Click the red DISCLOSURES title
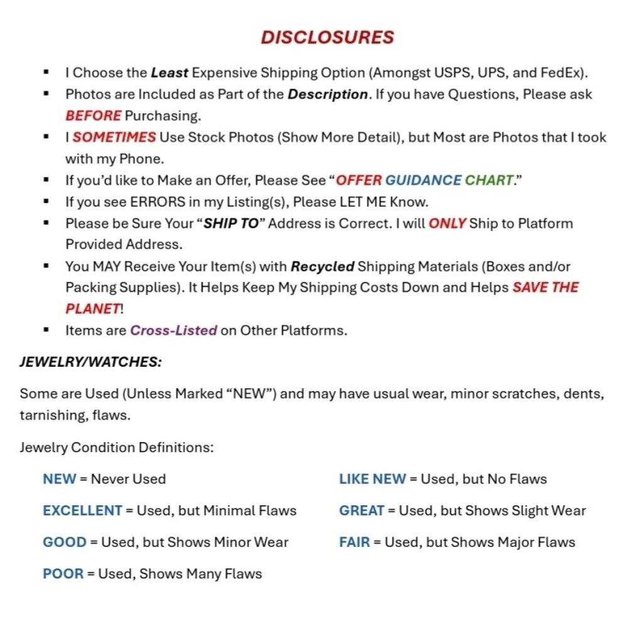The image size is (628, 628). click(327, 38)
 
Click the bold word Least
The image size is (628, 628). click(169, 73)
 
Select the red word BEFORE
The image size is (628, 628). click(93, 116)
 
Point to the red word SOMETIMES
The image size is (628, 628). click(114, 138)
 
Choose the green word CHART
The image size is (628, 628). click(489, 180)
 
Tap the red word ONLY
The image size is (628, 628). click(447, 224)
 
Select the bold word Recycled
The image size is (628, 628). click(322, 266)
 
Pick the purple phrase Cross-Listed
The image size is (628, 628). click(173, 330)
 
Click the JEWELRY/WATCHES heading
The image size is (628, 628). click(90, 362)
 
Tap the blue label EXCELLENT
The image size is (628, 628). click(82, 511)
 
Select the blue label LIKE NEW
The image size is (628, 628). click(372, 479)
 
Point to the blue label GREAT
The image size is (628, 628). click(361, 511)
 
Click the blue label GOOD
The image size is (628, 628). click(65, 542)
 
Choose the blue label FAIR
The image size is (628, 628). click(354, 542)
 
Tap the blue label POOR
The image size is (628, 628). click(63, 573)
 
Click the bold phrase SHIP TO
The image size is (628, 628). click(230, 224)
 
